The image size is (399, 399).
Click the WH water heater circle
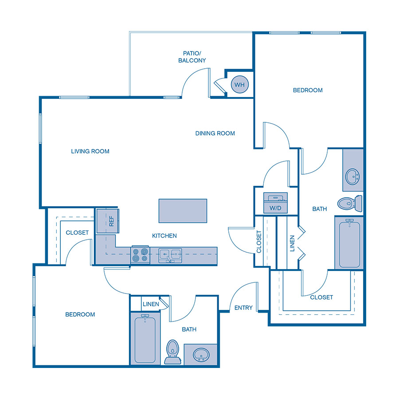pos(239,84)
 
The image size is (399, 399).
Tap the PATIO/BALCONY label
pos(192,56)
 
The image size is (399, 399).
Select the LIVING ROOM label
pos(90,151)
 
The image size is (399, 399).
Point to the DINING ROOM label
pos(215,133)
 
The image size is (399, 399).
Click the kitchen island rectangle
pos(183,211)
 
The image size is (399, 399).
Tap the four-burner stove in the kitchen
pos(140,255)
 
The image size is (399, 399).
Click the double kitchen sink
pos(170,255)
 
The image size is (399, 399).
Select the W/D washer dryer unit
pos(275,203)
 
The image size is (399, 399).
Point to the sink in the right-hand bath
pos(353,176)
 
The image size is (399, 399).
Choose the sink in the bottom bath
pos(201,354)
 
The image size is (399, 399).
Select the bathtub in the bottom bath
pos(145,339)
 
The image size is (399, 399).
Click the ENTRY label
pos(243,308)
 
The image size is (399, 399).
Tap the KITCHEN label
pos(164,236)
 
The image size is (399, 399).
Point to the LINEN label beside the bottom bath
pos(151,304)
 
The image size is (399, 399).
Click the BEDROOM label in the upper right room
pos(308,90)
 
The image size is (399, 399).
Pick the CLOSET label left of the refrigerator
pos(77,232)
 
